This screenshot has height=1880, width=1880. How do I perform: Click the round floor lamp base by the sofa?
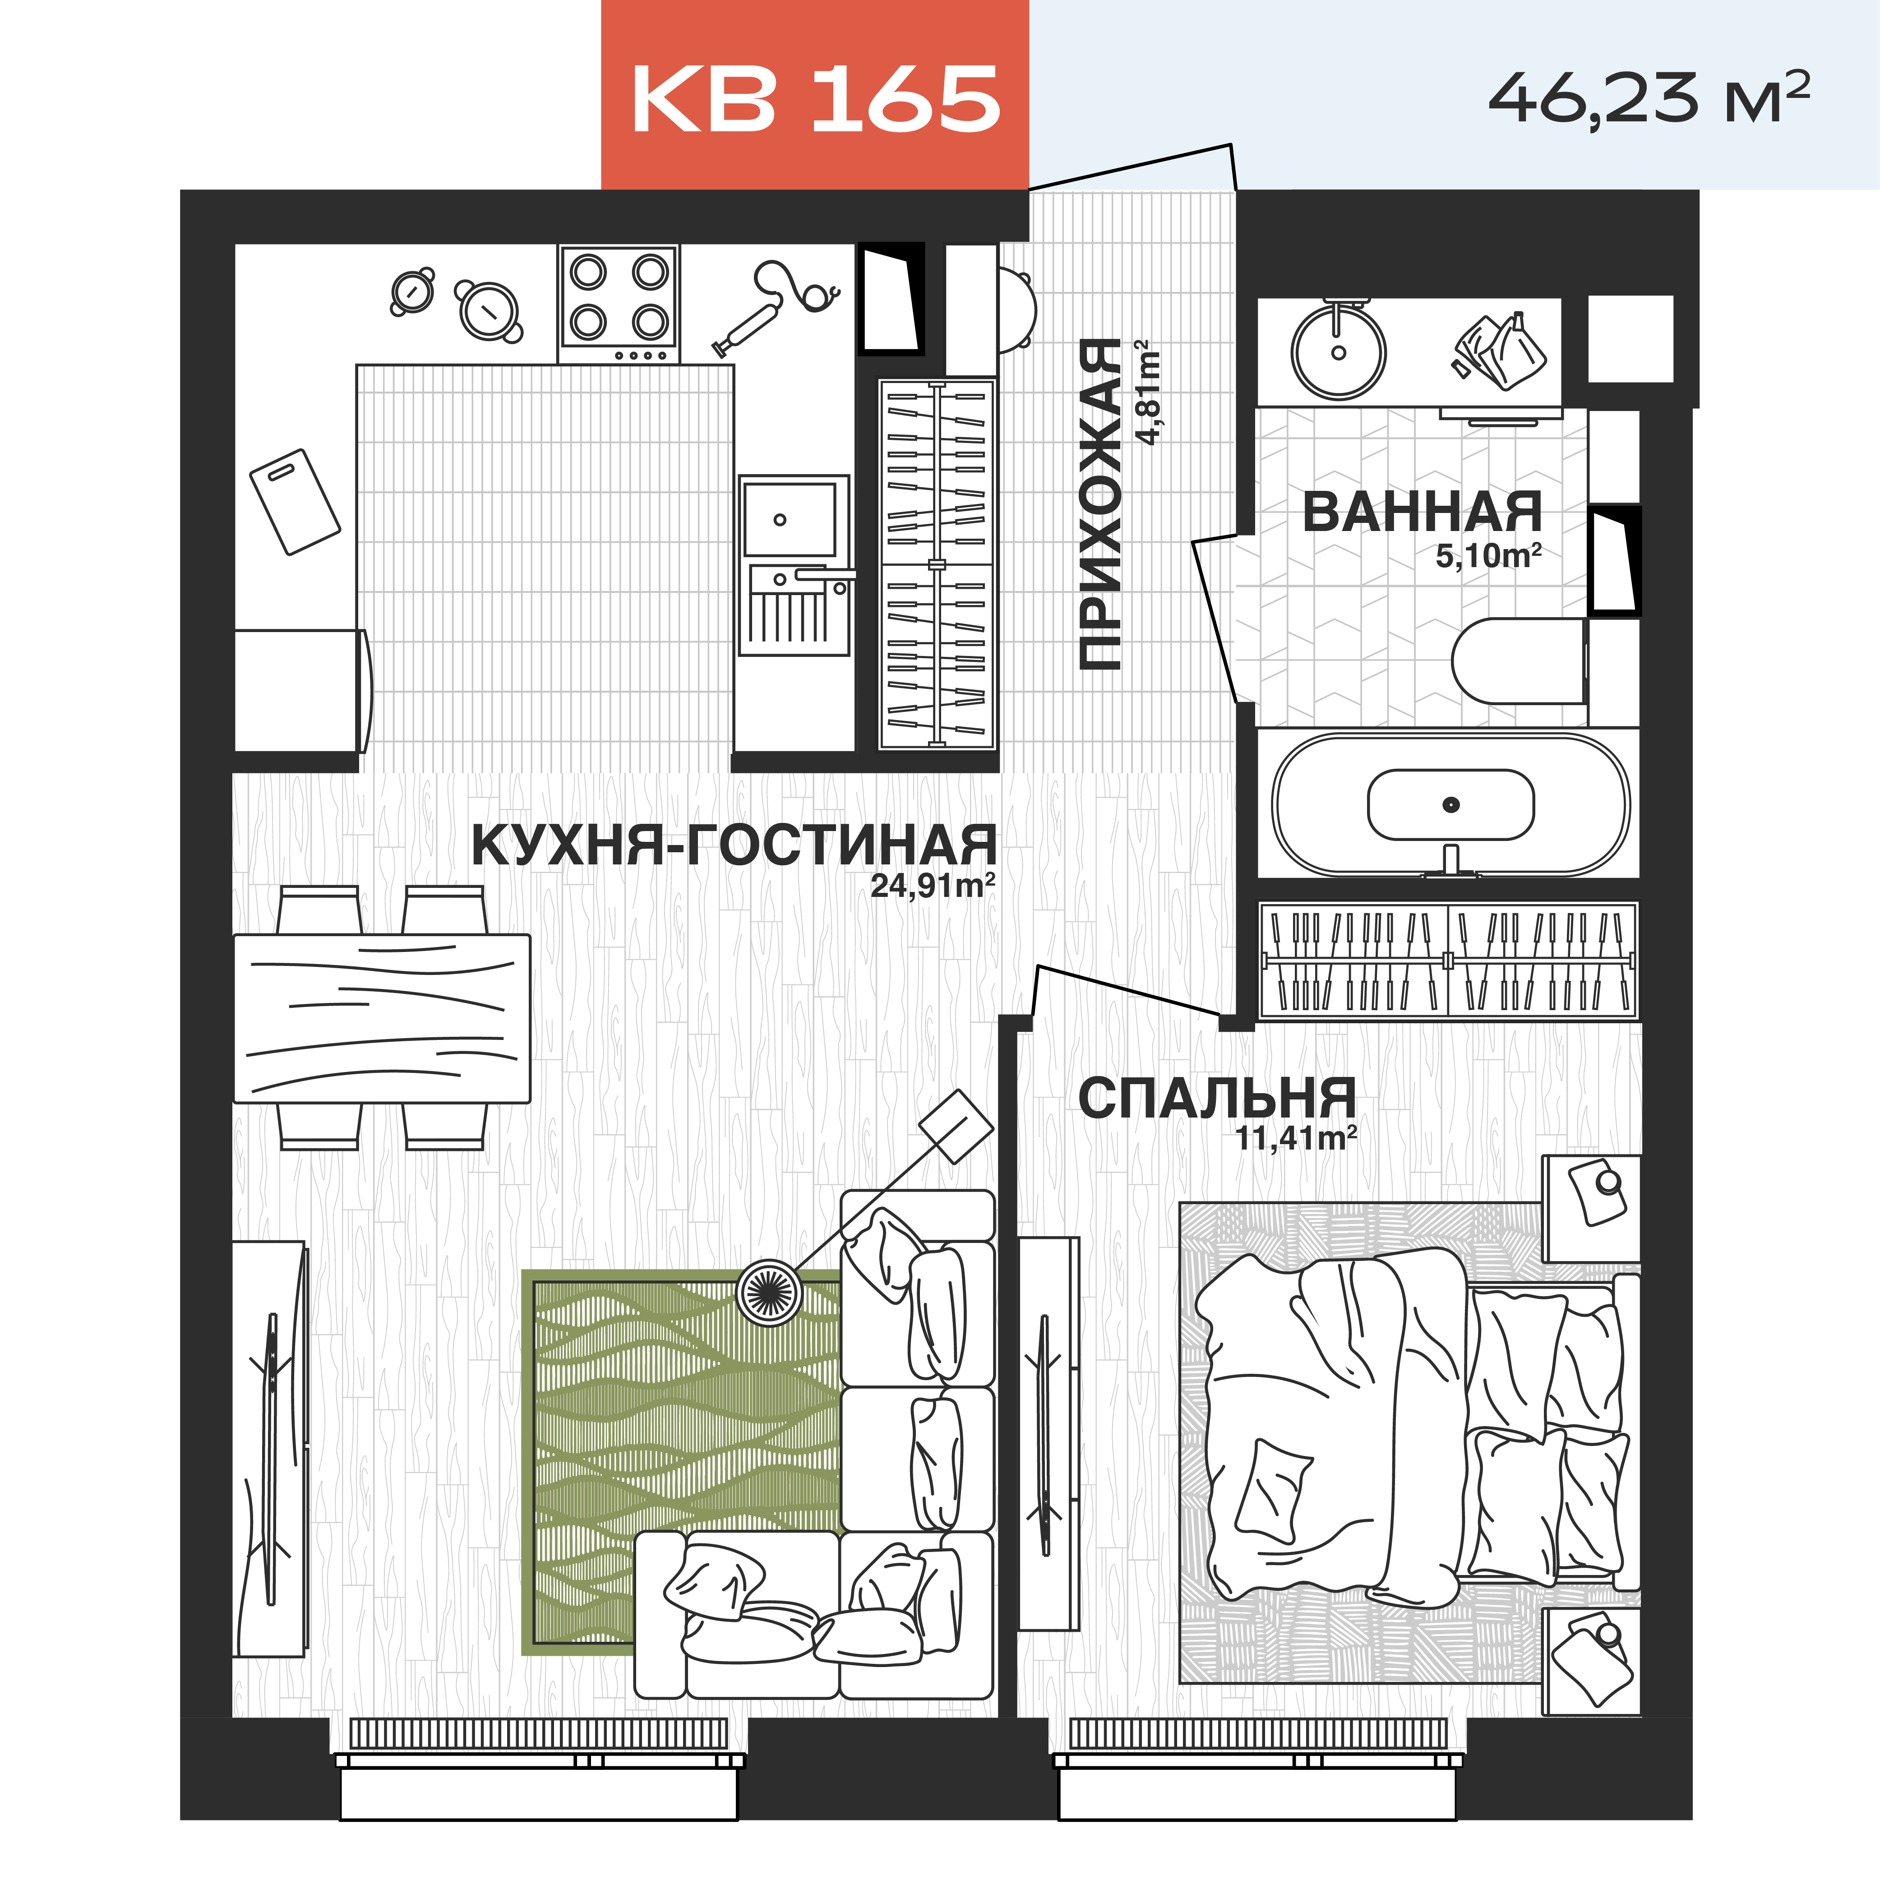(x=769, y=1291)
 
